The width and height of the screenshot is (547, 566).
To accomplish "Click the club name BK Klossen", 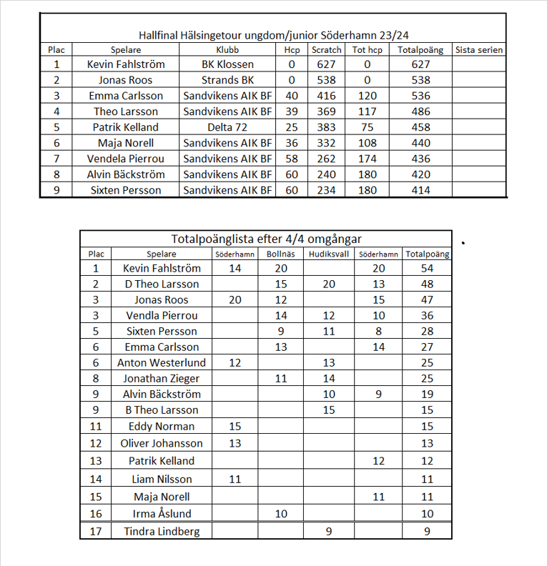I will pyautogui.click(x=227, y=64).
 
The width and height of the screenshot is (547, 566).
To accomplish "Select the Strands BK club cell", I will pyautogui.click(x=227, y=80).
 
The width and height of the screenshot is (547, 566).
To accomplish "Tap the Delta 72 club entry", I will pyautogui.click(x=227, y=127).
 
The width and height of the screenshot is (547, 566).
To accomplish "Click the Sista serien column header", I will pyautogui.click(x=479, y=50).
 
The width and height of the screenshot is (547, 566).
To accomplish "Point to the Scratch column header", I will pyautogui.click(x=327, y=50).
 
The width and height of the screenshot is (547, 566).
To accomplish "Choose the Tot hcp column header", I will pyautogui.click(x=368, y=50).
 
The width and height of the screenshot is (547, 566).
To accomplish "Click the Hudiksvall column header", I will pyautogui.click(x=329, y=254).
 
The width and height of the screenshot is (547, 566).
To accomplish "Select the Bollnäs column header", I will pyautogui.click(x=281, y=254).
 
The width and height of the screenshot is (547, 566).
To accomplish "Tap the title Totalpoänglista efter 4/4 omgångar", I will pyautogui.click(x=266, y=239).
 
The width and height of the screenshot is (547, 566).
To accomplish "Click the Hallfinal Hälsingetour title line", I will pyautogui.click(x=273, y=34).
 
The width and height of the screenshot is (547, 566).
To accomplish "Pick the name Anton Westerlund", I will pyautogui.click(x=162, y=362).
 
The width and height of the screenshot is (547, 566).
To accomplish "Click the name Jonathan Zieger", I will pyautogui.click(x=162, y=378).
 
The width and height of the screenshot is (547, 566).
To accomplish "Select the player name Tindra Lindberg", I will pyautogui.click(x=162, y=531).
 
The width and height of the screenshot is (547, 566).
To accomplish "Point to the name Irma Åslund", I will pyautogui.click(x=162, y=514).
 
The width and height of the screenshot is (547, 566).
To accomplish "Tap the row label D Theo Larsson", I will pyautogui.click(x=162, y=284).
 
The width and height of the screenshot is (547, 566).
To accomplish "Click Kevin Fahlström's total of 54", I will pyautogui.click(x=427, y=268).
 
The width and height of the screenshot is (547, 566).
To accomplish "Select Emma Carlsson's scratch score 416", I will pyautogui.click(x=327, y=96).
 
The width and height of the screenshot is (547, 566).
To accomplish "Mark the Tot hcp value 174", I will pyautogui.click(x=368, y=159).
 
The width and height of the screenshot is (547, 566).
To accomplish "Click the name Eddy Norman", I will pyautogui.click(x=162, y=426).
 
